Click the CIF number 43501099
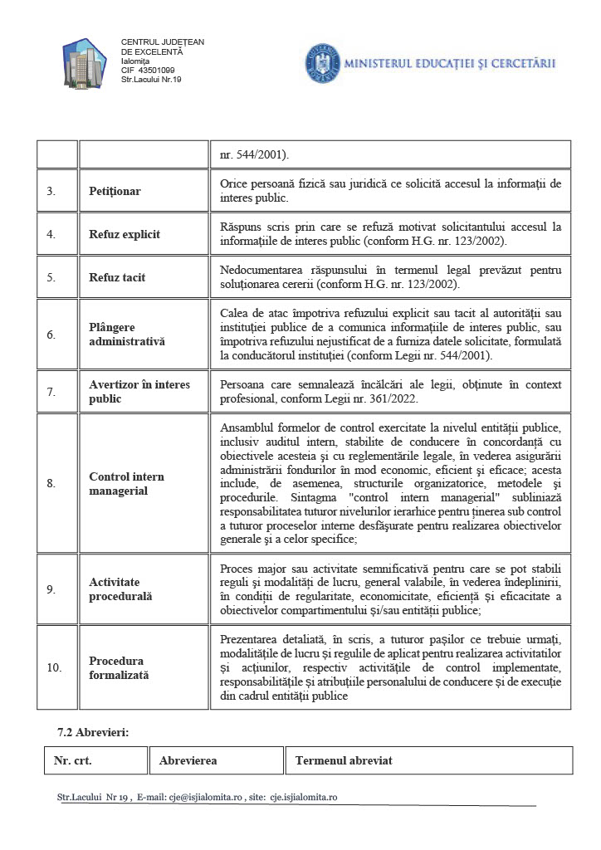tap(155, 70)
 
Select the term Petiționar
tap(115, 191)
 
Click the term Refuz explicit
tap(125, 234)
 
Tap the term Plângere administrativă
tap(127, 335)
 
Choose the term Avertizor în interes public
tap(139, 391)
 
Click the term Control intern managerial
tap(126, 483)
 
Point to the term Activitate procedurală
tap(121, 589)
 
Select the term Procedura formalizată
tap(119, 668)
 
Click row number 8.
tap(51, 483)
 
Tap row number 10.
tap(53, 668)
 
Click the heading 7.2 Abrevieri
tap(93, 732)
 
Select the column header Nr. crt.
tap(73, 760)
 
